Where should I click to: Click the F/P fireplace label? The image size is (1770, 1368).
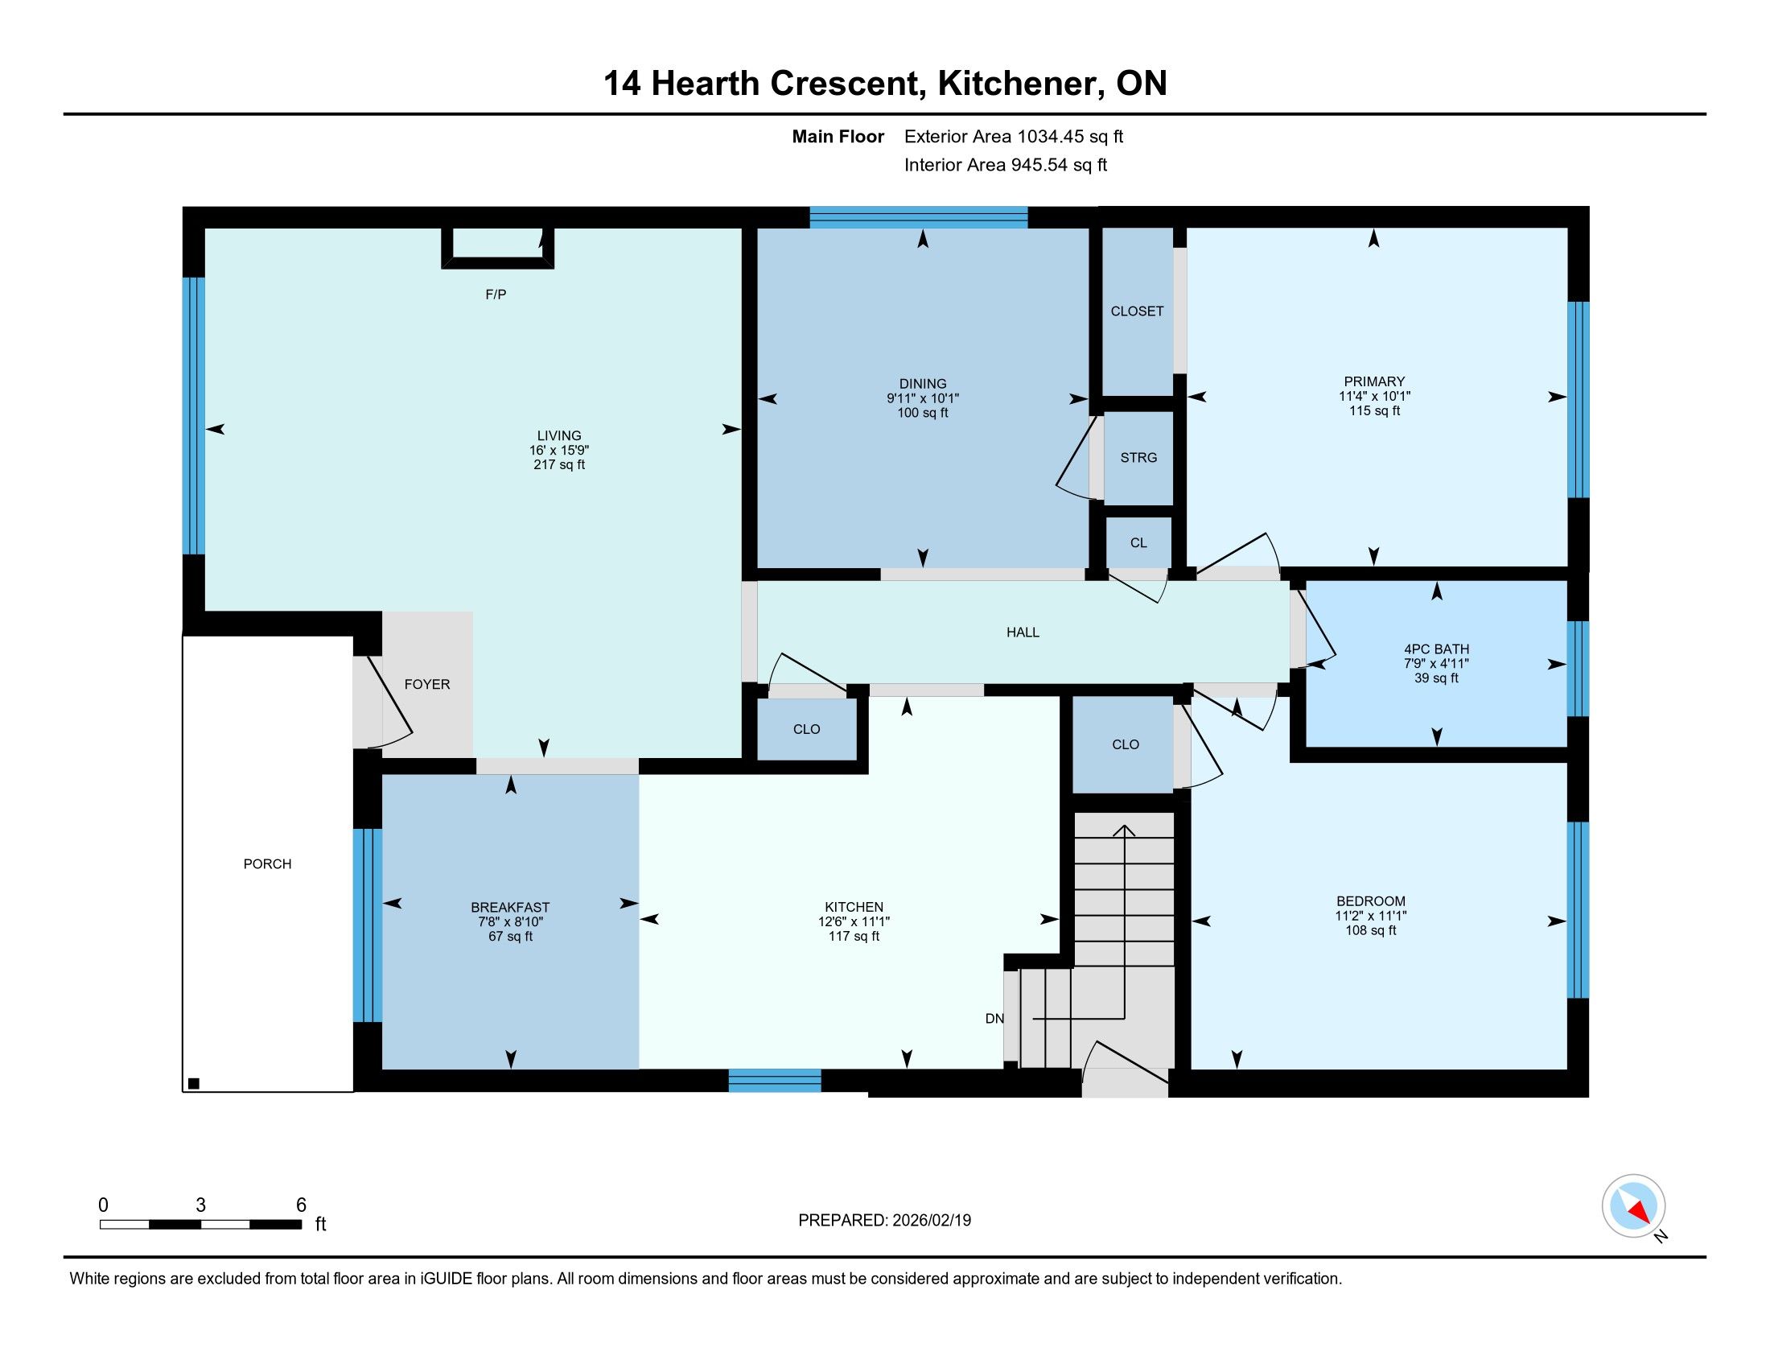click(x=496, y=295)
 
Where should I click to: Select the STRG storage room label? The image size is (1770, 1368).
click(x=1138, y=458)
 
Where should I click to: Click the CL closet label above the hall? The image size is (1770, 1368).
click(x=1138, y=543)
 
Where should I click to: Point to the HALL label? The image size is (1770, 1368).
click(x=1023, y=632)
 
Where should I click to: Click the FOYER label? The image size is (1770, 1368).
click(x=427, y=684)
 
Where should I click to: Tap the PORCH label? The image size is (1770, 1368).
click(x=267, y=864)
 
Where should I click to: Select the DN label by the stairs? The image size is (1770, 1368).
click(x=994, y=1019)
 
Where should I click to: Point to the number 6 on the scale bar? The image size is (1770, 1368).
click(x=301, y=1205)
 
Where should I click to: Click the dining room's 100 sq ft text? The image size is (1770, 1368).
click(x=922, y=414)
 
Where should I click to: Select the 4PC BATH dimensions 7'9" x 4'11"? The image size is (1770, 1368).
click(x=1436, y=664)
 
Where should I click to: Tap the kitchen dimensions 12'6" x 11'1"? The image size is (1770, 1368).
click(x=854, y=922)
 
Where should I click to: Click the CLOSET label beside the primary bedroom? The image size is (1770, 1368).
click(x=1137, y=311)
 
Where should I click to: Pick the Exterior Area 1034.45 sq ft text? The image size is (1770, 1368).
click(x=1014, y=137)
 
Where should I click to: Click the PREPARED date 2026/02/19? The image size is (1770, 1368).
click(x=930, y=1221)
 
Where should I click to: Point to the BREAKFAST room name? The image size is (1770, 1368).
click(x=511, y=908)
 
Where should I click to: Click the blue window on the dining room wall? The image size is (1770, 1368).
click(x=919, y=216)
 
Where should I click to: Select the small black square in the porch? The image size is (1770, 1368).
click(x=194, y=1084)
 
